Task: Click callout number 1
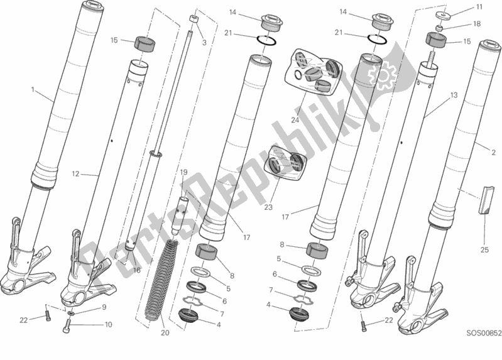pos(33,90)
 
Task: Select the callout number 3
pos(204,43)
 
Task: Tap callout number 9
pos(104,307)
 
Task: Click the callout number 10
pos(108,325)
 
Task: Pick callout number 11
pos(480,7)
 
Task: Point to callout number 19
pos(184,172)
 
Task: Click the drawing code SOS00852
pos(480,354)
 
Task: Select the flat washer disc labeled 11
pos(445,14)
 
